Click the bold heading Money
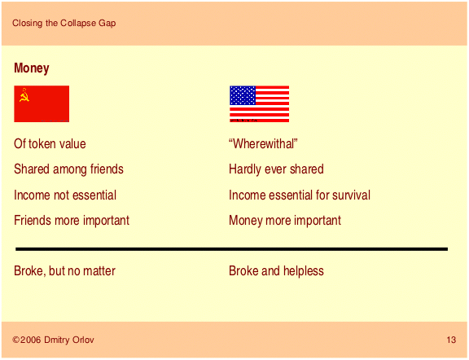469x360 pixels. tap(32, 68)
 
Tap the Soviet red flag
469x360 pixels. tap(42, 103)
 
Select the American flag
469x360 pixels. tap(259, 103)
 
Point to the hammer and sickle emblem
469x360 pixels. tap(24, 95)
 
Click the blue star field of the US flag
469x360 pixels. tap(243, 95)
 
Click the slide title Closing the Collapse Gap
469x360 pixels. tap(64, 23)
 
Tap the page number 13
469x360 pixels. tap(451, 340)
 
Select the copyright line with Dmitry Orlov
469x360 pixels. tap(53, 340)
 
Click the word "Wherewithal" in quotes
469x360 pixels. tap(263, 144)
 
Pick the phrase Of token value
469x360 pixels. tap(50, 144)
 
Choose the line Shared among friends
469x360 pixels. tap(68, 169)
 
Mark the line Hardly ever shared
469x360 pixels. tap(276, 169)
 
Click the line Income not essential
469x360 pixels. tap(65, 195)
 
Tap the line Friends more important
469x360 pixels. tap(72, 221)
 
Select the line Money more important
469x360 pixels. tap(285, 221)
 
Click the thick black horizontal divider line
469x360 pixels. tap(231, 249)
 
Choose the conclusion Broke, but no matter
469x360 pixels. tap(64, 271)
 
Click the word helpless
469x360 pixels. tap(303, 271)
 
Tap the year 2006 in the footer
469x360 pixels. tap(30, 340)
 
